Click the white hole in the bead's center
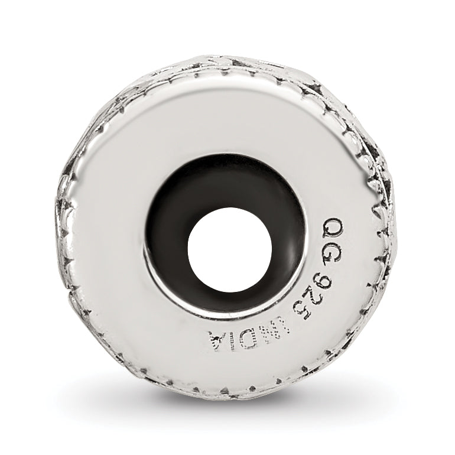[230, 249]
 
